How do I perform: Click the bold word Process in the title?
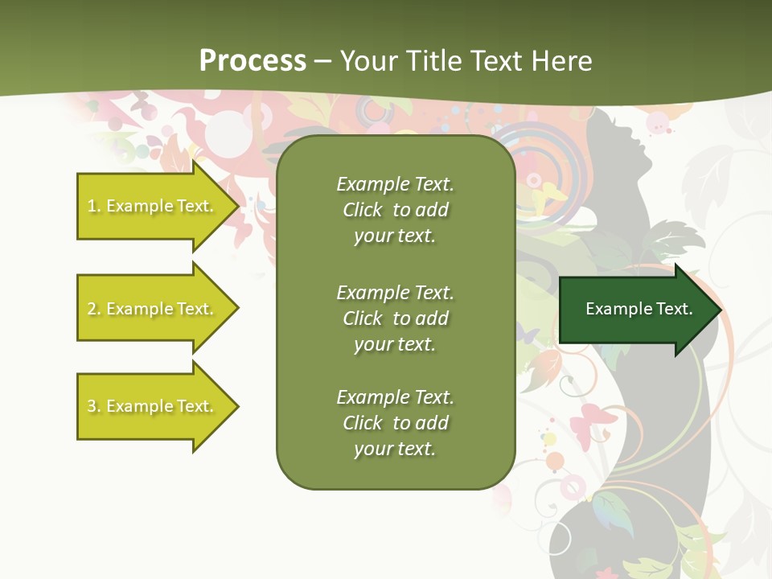[x=253, y=61]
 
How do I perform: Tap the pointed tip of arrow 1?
[x=236, y=206]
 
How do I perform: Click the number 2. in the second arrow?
[x=93, y=309]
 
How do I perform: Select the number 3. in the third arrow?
[x=93, y=406]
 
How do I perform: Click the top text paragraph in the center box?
[x=395, y=210]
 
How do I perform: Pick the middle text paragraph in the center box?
[x=395, y=318]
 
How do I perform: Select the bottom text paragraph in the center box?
[x=395, y=423]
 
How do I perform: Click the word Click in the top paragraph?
[x=363, y=210]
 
